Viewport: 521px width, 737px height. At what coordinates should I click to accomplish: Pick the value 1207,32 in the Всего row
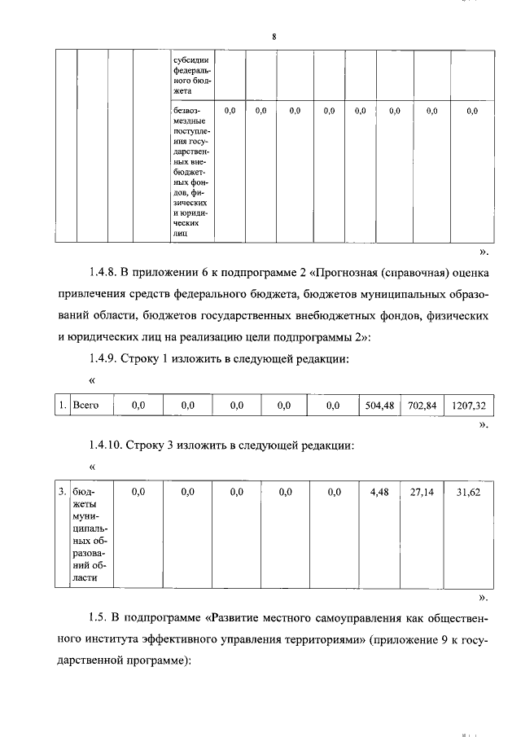point(468,404)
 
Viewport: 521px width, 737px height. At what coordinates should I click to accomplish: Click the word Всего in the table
point(85,404)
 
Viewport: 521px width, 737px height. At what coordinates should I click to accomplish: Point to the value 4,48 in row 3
point(379,493)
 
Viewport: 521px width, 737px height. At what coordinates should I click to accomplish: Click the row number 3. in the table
point(63,493)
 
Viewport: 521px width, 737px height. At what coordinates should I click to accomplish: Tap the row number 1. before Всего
point(63,404)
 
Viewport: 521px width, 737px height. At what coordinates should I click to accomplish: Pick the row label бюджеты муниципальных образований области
point(84,535)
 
